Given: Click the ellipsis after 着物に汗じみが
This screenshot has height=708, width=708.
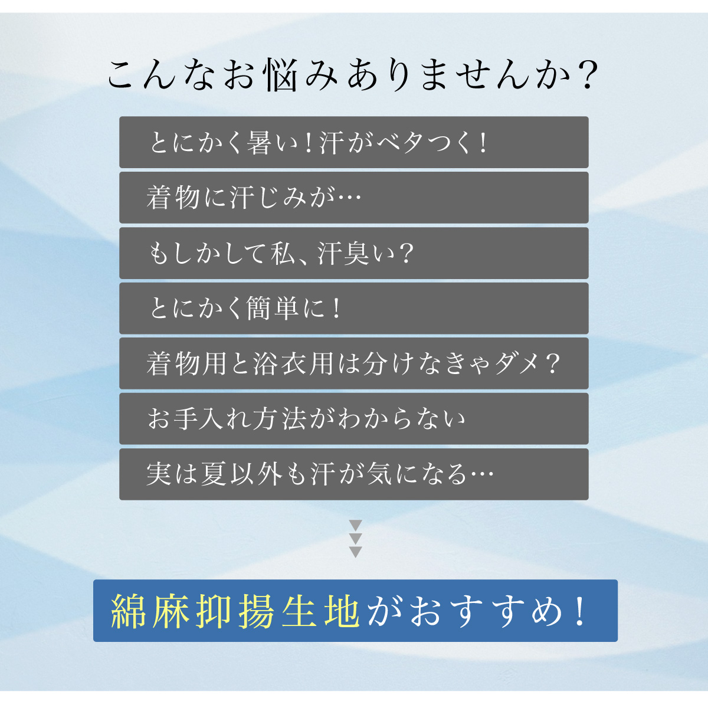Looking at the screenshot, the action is tap(349, 198).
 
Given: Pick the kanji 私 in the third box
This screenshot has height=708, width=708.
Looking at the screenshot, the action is tap(283, 254).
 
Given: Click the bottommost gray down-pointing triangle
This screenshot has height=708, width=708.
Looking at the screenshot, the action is tap(355, 552).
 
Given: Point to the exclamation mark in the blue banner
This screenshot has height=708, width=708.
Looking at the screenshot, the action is tap(581, 611).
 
